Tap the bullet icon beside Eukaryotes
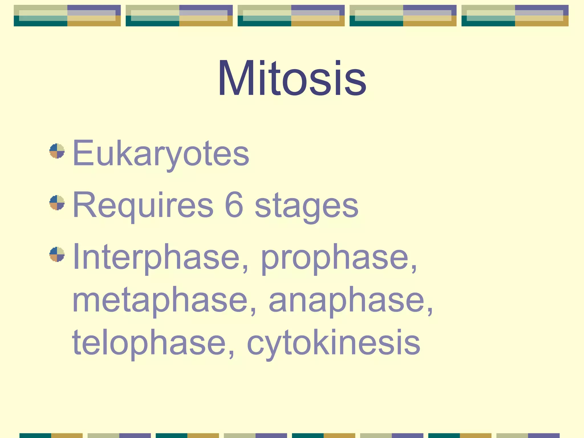coord(57,151)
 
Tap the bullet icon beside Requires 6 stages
coord(57,202)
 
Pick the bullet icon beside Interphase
coord(57,254)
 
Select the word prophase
coord(335,258)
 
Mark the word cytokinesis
coord(334,344)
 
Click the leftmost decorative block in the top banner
coord(67,16)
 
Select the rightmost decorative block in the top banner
coord(515,16)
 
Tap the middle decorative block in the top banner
coord(291,16)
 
